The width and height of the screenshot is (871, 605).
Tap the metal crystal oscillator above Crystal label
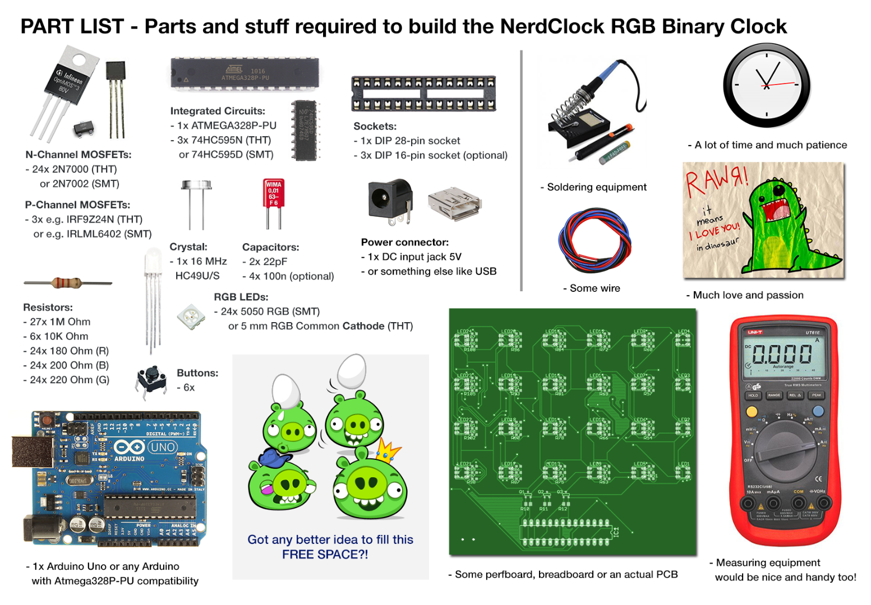(196, 187)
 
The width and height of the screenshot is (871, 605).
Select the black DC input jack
(389, 201)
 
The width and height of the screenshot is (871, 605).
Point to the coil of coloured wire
(595, 240)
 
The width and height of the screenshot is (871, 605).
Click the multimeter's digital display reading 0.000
(782, 354)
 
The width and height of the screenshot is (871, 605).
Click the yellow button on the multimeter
(752, 412)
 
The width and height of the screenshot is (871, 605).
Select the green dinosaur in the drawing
(785, 224)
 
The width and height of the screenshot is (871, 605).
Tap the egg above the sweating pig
(286, 390)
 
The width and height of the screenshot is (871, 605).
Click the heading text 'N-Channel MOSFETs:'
(79, 155)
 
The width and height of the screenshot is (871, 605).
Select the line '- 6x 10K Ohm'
(56, 336)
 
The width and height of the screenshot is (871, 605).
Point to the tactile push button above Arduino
(151, 379)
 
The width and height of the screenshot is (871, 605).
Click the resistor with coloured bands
(67, 283)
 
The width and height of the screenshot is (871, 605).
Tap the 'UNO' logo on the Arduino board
(163, 448)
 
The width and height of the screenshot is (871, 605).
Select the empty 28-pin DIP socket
(423, 93)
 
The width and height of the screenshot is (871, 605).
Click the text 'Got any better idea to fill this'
(330, 539)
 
